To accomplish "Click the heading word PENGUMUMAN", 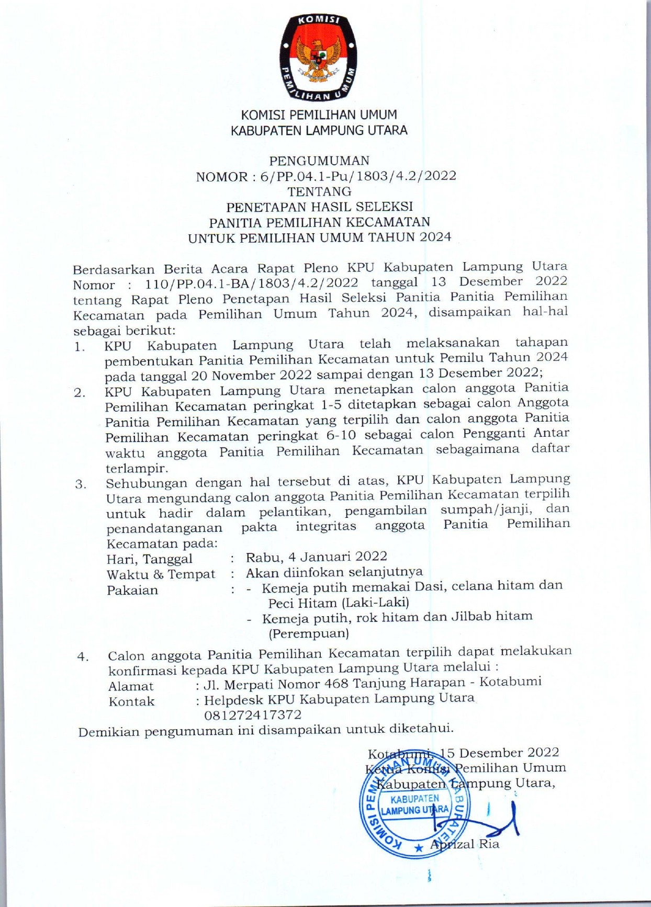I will pos(319,161).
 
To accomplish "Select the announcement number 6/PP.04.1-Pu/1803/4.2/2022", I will pos(354,176).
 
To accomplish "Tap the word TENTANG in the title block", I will pos(319,191).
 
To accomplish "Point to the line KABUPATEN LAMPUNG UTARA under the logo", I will pos(319,130).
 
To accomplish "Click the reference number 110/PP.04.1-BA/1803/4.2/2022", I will pos(251,284).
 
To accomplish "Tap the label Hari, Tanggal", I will pos(150,559).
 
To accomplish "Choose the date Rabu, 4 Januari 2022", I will pos(317,557).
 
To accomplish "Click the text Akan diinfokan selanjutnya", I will pos(334,572).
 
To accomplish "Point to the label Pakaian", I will pos(132,591).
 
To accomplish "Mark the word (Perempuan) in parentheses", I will pos(309,633).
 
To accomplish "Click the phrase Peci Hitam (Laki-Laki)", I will pos(339,603).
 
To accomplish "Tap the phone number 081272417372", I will pos(253,715).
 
